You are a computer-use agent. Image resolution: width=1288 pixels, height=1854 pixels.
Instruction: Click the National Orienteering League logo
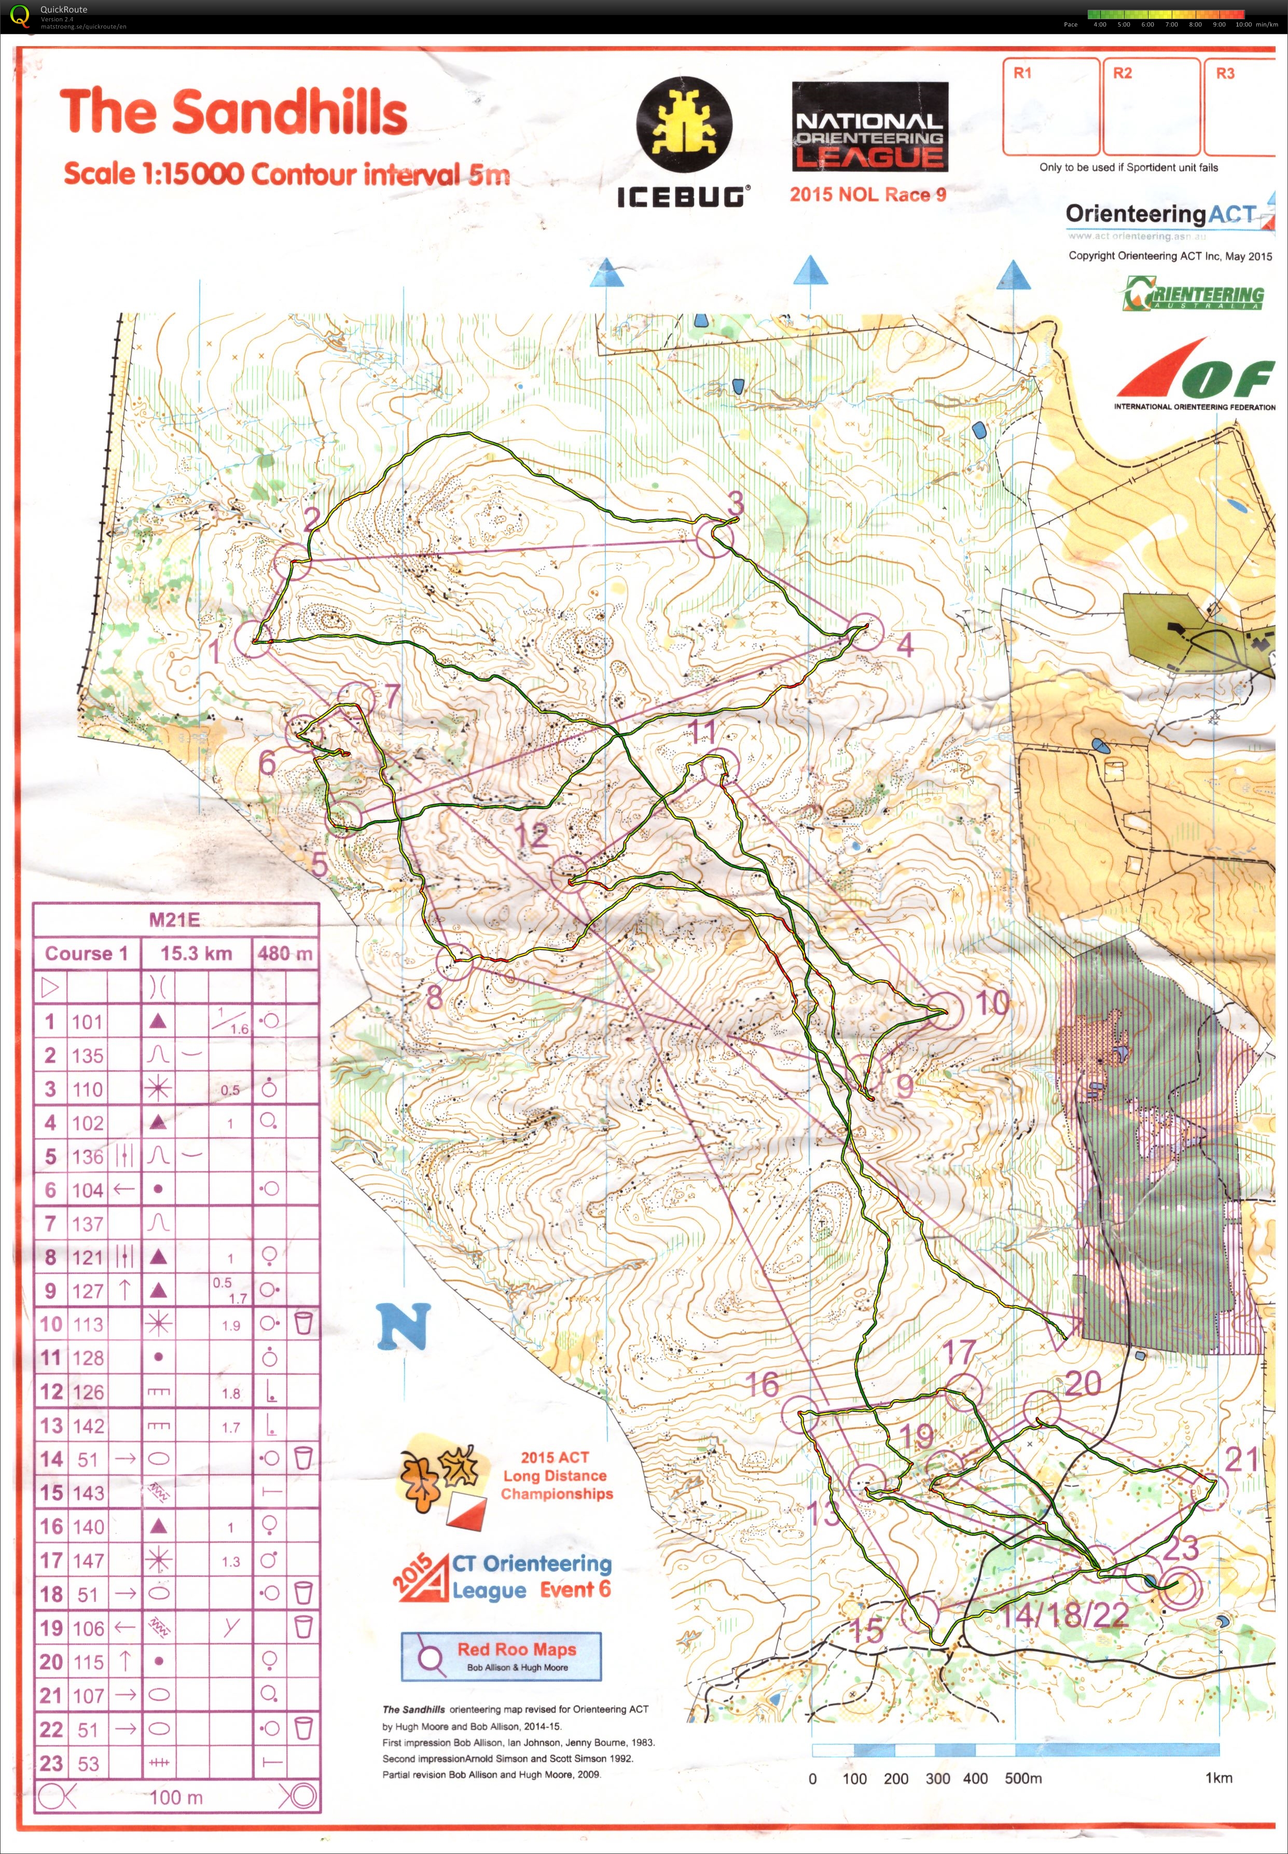pos(869,126)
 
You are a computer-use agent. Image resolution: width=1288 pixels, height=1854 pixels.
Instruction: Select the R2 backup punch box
pos(1151,106)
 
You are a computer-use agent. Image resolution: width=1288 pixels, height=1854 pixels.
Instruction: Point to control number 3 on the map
pos(735,504)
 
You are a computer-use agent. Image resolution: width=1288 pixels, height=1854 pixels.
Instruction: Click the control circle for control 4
pos(864,631)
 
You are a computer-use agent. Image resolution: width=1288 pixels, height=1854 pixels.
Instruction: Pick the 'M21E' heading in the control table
pos(174,919)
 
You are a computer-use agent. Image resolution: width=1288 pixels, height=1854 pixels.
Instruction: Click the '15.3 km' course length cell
pos(196,953)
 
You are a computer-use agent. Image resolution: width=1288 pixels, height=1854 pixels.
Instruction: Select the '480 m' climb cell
pos(285,953)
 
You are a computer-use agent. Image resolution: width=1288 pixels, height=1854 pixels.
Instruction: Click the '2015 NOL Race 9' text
pos(867,195)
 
